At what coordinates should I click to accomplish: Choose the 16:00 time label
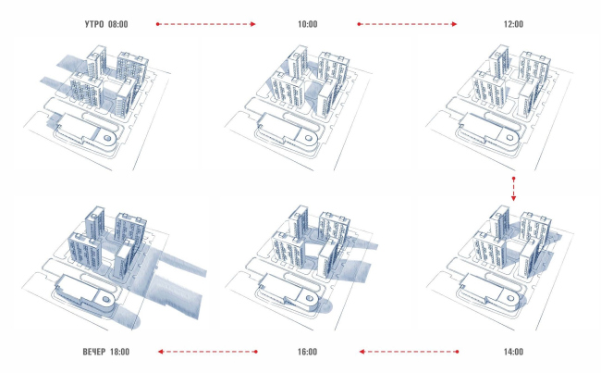click(307, 352)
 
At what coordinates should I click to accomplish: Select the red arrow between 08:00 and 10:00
click(205, 23)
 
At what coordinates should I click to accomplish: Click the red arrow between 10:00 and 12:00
click(407, 23)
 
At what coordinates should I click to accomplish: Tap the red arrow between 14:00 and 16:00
click(407, 352)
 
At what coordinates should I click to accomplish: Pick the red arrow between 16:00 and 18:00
click(205, 352)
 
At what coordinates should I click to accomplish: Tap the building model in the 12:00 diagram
click(509, 83)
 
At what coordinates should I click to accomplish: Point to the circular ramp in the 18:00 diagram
click(108, 302)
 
